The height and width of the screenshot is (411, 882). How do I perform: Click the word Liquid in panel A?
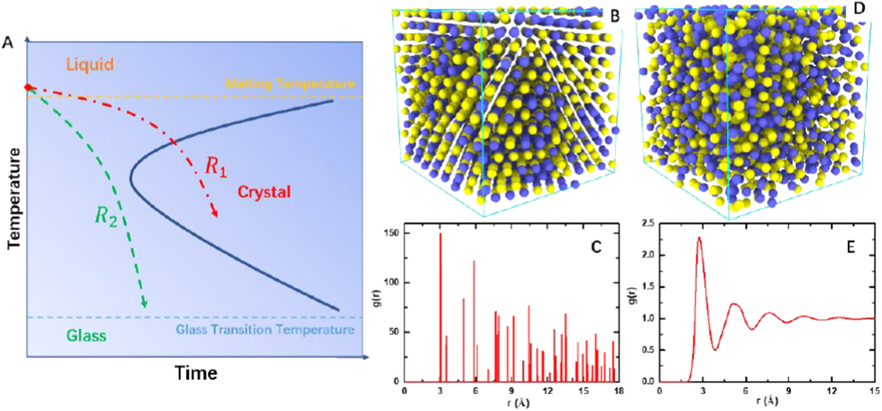tap(90, 65)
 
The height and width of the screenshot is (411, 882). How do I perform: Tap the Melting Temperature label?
tap(290, 83)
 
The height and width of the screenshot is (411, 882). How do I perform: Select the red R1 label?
tap(216, 167)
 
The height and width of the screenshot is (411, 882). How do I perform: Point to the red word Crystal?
tap(264, 192)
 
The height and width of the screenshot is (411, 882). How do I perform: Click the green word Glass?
tap(86, 336)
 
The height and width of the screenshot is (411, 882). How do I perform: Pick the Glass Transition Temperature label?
tap(265, 330)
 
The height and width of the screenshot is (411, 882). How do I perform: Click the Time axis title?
tap(196, 373)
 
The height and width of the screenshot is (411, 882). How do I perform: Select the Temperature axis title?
tap(14, 198)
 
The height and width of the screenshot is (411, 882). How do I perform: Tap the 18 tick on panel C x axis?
tap(618, 391)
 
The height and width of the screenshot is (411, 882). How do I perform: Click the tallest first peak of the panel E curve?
tap(699, 237)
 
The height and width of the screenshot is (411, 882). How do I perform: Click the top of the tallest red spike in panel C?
tap(441, 234)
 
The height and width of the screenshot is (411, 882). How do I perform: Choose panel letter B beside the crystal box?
tap(614, 17)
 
